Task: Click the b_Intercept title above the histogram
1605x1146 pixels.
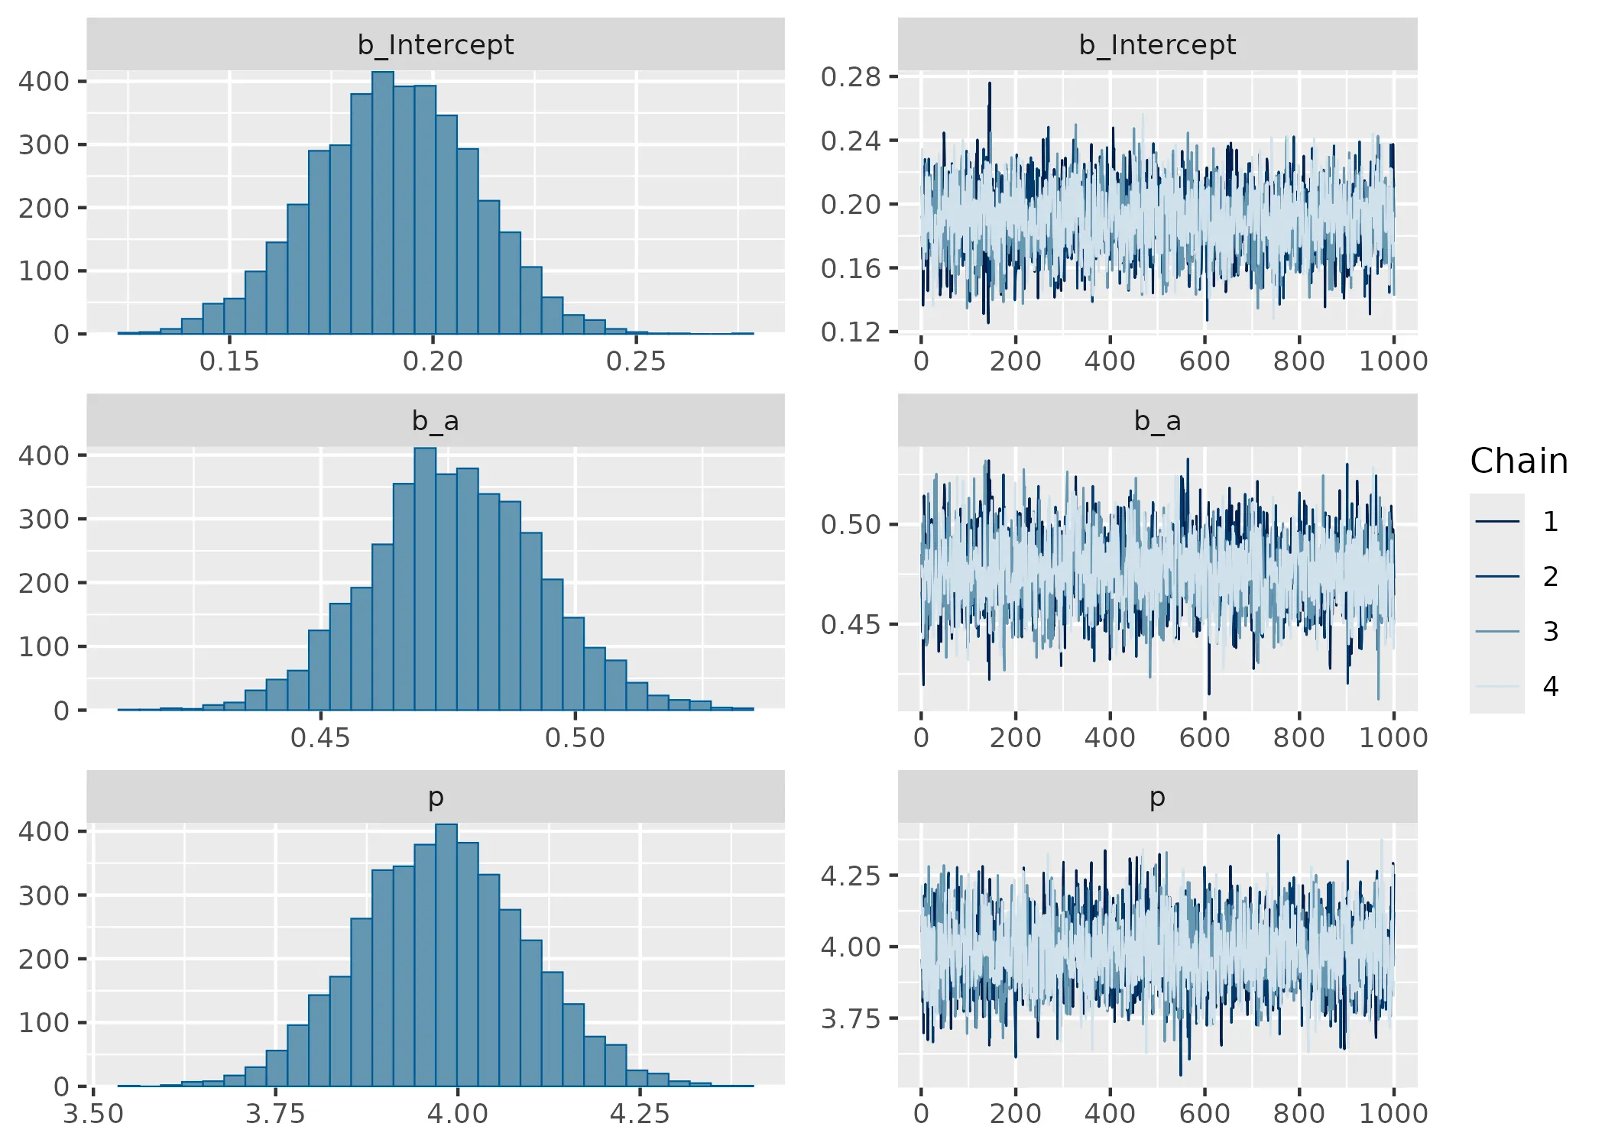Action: pos(436,45)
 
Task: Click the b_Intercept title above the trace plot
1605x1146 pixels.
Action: pos(1157,45)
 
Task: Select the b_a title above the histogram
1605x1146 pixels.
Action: pos(436,421)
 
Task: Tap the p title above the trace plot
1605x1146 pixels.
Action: pos(1157,797)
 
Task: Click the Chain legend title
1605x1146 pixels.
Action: pos(1519,461)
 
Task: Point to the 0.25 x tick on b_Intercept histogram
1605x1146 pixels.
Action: pos(636,361)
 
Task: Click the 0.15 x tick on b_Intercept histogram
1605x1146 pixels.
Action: pos(229,361)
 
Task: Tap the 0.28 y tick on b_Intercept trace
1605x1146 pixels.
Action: pos(851,77)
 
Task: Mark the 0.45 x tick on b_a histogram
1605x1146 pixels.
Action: pos(320,738)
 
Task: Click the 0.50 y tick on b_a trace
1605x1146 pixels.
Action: pos(851,525)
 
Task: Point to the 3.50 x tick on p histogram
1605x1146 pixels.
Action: pos(93,1114)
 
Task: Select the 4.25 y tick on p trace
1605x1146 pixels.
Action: pos(851,876)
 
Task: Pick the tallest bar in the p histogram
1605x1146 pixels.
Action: pos(446,955)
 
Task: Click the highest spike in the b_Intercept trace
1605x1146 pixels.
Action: pos(990,84)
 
